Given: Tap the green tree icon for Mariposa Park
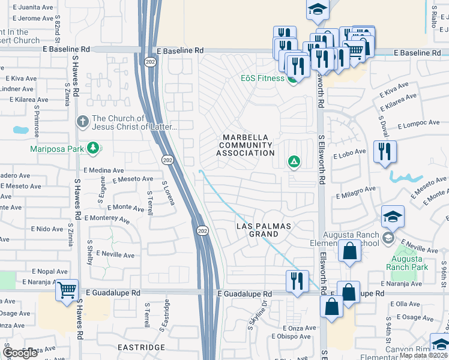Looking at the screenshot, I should [93, 148].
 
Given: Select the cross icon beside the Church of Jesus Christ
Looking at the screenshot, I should [83, 122].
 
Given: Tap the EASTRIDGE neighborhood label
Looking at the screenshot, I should [141, 347].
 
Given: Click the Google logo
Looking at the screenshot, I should [20, 353].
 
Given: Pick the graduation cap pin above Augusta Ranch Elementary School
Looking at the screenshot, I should [393, 216].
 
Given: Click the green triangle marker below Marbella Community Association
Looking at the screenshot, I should [294, 161].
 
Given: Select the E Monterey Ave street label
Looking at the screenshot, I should [107, 219].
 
